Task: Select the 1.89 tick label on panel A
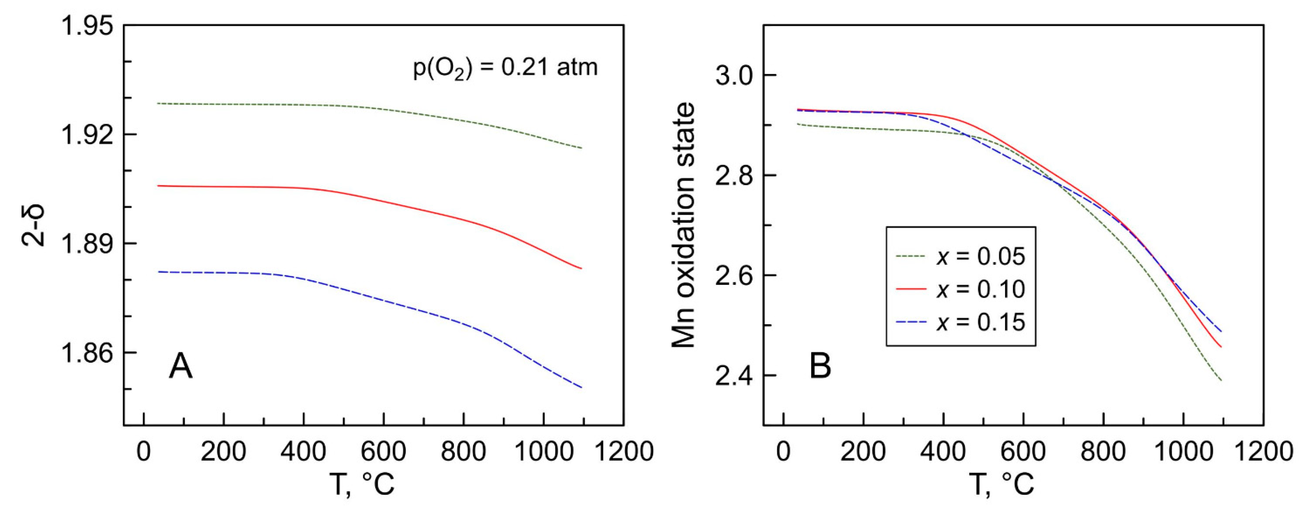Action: (86, 244)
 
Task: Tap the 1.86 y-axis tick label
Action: (86, 353)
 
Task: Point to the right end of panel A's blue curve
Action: (581, 387)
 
